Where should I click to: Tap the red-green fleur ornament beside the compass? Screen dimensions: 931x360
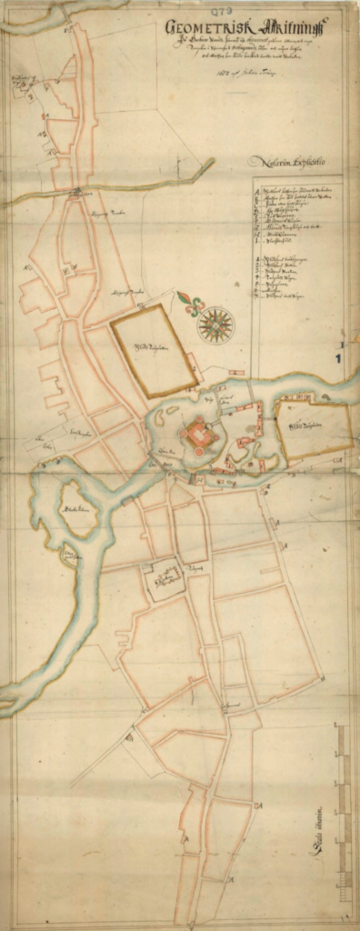click(190, 303)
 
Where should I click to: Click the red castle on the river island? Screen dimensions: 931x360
click(199, 436)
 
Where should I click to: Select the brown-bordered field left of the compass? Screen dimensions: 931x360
click(153, 350)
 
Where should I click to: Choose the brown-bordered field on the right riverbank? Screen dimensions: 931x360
click(313, 428)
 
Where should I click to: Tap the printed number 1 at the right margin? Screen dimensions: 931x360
click(337, 359)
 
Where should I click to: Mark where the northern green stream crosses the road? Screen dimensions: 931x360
click(79, 191)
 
